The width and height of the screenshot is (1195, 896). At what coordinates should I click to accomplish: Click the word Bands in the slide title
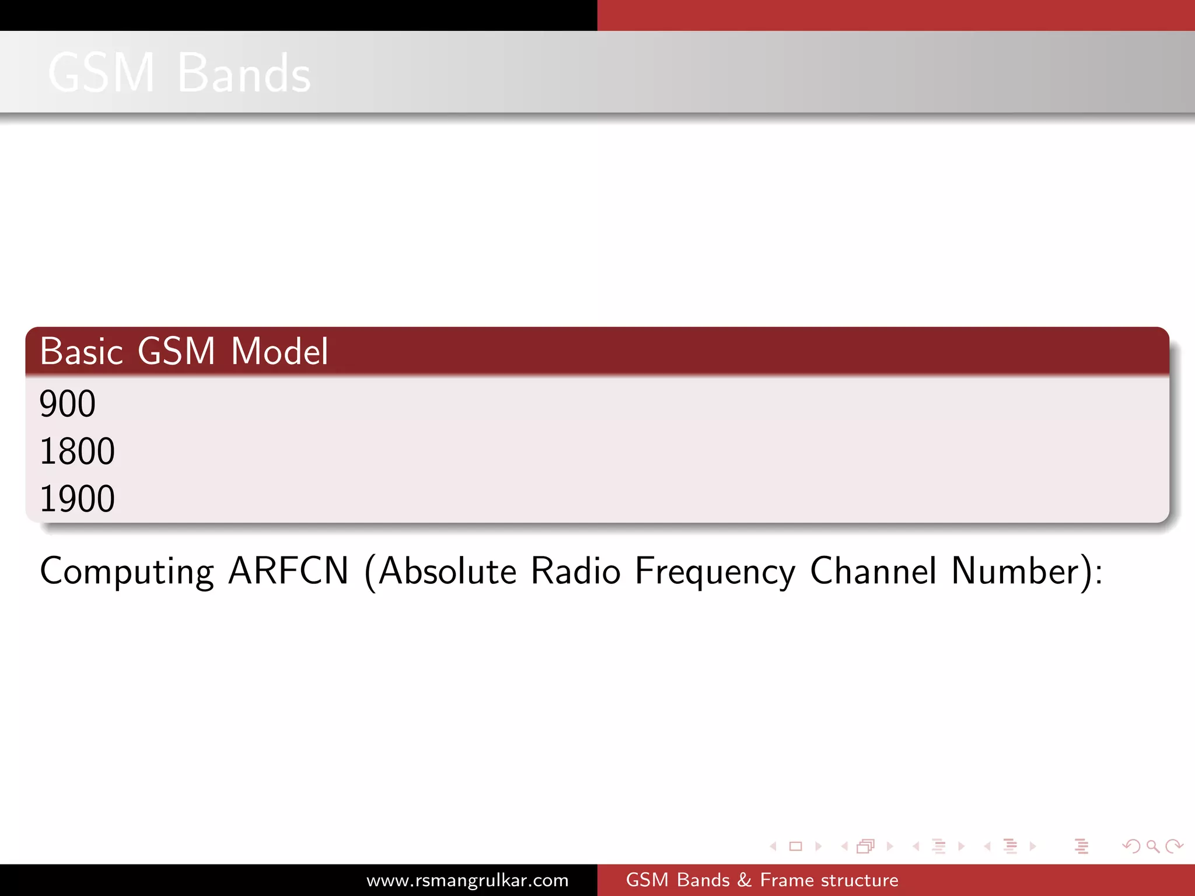click(244, 73)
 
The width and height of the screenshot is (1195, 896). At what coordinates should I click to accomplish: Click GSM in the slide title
click(102, 73)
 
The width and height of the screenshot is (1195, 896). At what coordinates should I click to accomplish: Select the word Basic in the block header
click(82, 352)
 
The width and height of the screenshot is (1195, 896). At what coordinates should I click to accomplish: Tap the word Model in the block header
click(279, 352)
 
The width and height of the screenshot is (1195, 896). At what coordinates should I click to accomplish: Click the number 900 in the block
click(68, 404)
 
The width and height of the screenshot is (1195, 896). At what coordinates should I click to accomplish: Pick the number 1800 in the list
click(77, 452)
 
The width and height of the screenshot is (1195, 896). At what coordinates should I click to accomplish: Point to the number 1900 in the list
click(77, 499)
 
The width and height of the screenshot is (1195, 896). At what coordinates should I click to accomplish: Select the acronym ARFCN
click(288, 570)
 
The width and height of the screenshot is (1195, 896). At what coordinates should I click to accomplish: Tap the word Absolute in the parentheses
click(447, 570)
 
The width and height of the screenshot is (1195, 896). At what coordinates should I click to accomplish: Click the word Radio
click(575, 570)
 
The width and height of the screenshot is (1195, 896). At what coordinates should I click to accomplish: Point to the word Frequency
click(715, 572)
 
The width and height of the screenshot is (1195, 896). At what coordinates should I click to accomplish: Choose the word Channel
click(873, 570)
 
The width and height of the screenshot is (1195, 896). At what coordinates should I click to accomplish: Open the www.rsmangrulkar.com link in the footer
click(467, 880)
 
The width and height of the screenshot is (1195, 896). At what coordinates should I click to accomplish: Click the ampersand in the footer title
click(745, 880)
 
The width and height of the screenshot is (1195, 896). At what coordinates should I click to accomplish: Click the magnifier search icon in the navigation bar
click(1152, 846)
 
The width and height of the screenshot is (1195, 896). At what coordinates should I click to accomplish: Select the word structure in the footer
click(859, 880)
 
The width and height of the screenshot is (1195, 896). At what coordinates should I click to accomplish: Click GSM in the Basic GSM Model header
click(176, 352)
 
